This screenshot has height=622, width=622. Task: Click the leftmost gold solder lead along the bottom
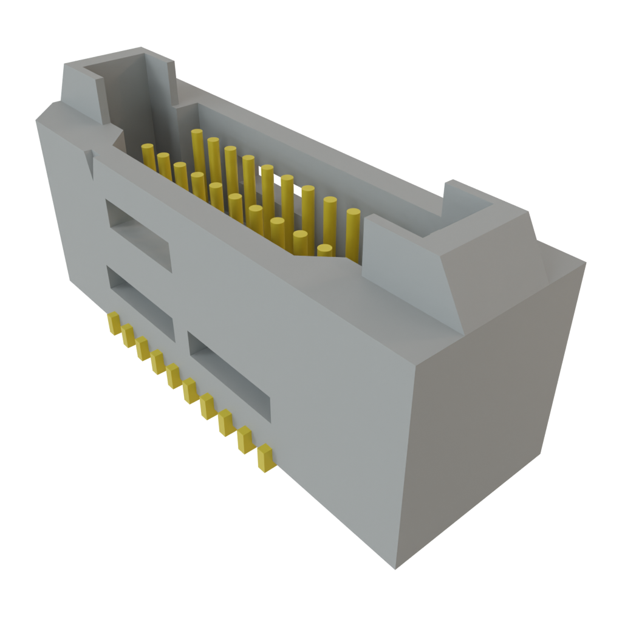114,323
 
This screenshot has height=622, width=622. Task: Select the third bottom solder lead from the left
143,349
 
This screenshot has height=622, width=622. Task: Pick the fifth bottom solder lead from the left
174,375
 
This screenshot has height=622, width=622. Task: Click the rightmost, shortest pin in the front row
324,250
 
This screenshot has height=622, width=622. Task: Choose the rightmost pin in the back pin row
354,234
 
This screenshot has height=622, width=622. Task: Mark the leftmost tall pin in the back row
196,151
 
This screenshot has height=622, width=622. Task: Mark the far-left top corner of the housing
36,121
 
